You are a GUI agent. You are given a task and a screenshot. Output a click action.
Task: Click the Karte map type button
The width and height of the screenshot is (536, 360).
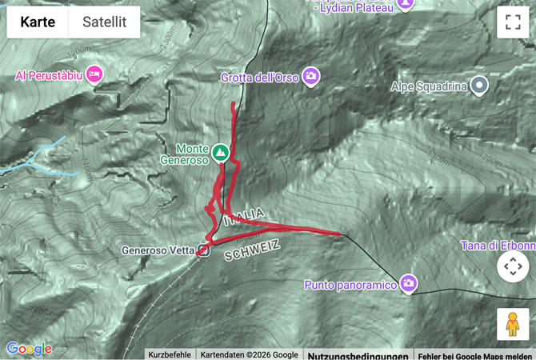click(x=38, y=22)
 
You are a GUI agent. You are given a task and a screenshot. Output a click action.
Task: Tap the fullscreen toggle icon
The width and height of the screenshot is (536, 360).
click(x=513, y=22)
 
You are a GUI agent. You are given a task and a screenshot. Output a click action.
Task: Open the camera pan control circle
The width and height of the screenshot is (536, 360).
click(x=513, y=266)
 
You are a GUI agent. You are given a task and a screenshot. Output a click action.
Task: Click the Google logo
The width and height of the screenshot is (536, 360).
click(x=29, y=349)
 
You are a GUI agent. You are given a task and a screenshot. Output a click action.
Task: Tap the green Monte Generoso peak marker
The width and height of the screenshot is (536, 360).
click(x=220, y=150)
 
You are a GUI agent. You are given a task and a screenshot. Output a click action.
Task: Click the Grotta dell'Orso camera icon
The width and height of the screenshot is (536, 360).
click(x=312, y=77)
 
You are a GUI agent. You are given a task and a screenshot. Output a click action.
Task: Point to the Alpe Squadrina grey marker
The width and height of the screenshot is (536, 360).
click(x=479, y=85)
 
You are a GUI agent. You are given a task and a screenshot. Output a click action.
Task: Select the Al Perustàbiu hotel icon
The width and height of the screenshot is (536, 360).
click(x=94, y=74)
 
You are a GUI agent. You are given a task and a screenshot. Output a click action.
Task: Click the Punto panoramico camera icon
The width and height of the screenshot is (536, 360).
click(x=410, y=283)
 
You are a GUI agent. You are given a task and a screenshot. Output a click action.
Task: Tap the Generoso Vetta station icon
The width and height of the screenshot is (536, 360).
click(x=204, y=250)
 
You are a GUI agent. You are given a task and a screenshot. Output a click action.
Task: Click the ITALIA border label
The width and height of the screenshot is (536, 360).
click(x=244, y=216)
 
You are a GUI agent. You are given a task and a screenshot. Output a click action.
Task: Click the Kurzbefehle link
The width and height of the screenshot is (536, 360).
click(x=170, y=354)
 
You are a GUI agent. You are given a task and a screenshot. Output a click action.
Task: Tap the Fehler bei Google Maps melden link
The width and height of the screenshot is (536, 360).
click(x=475, y=354)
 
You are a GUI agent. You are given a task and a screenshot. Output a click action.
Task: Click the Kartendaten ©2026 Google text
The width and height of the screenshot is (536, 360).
click(x=249, y=354)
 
